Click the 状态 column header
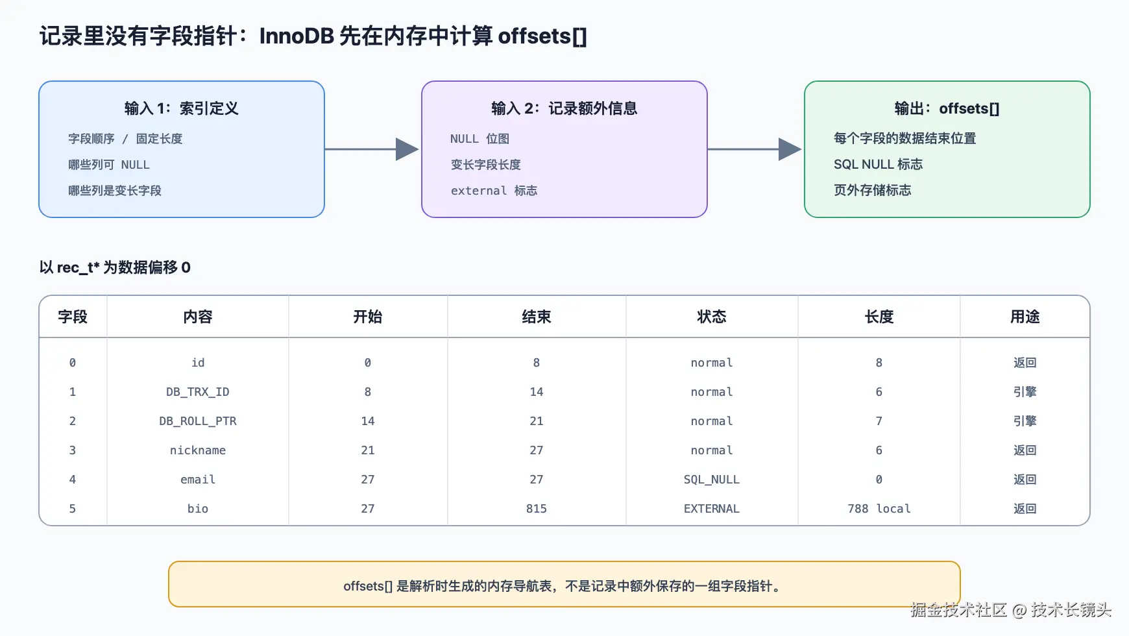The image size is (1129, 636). [711, 317]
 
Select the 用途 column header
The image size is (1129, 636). [1025, 317]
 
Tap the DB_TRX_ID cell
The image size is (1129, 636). [197, 392]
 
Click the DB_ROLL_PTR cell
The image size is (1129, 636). [197, 421]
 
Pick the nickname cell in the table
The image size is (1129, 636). [197, 450]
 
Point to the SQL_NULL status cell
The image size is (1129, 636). [711, 480]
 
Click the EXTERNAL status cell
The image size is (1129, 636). [711, 509]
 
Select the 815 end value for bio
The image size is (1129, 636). [536, 509]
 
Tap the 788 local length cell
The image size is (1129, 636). [879, 509]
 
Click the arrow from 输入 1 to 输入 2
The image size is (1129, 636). [372, 149]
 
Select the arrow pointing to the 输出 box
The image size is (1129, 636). [755, 149]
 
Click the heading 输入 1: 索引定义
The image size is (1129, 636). [181, 108]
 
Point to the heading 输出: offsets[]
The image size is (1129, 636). [947, 108]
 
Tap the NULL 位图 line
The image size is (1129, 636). [480, 139]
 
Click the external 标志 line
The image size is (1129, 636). [494, 191]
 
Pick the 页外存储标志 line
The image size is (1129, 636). [872, 190]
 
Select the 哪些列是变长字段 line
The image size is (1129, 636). [115, 191]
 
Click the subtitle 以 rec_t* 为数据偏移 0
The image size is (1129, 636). [115, 267]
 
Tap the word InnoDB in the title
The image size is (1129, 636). [297, 36]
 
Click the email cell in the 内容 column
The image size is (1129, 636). [197, 480]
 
